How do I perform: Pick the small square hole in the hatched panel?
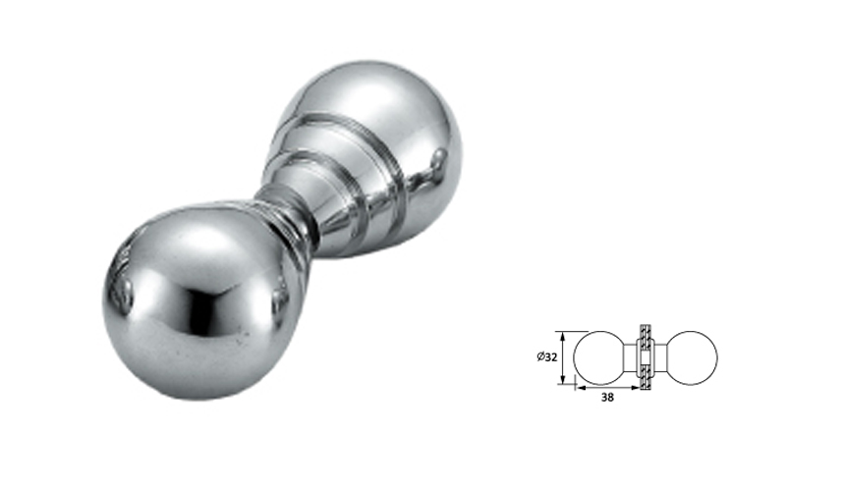tap(646, 356)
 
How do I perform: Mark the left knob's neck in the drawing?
tap(632, 356)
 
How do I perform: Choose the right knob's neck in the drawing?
tap(659, 356)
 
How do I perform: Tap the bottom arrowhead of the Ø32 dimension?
tap(563, 380)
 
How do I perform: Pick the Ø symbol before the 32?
tap(540, 356)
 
